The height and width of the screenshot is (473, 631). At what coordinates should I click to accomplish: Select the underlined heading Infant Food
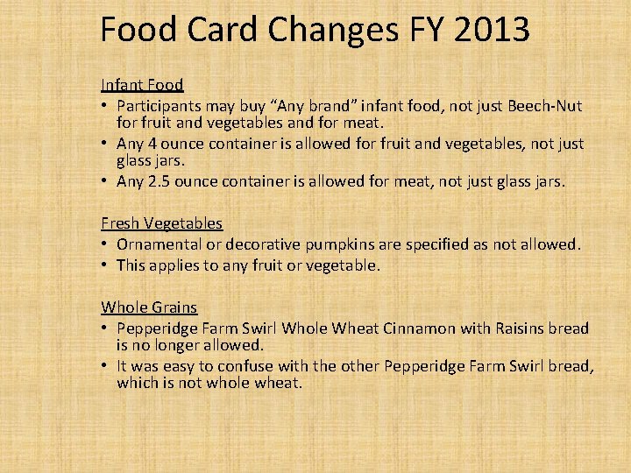142,85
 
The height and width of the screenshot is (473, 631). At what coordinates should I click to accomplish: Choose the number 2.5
159,182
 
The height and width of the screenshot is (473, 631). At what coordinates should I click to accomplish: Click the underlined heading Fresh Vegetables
161,223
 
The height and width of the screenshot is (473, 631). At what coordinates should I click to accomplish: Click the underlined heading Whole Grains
149,307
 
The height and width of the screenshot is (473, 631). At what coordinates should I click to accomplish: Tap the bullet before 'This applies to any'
105,265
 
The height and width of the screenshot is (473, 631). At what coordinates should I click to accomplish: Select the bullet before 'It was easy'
105,366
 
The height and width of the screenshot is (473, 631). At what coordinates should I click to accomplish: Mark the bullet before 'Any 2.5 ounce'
105,182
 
